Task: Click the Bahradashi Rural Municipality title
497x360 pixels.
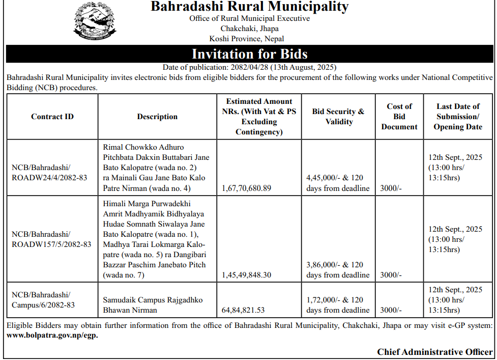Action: tap(249, 7)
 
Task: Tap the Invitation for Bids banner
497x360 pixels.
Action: tap(249, 54)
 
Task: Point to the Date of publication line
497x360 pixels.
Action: tap(249, 67)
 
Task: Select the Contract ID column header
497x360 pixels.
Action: tap(52, 117)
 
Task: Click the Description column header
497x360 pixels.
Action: tap(157, 117)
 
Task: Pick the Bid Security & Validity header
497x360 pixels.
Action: tap(338, 117)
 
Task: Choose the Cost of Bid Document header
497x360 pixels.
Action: tap(399, 117)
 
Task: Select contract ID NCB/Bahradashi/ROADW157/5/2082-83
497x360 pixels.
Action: tap(51, 239)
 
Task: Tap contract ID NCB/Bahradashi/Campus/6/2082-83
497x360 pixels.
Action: tap(43, 299)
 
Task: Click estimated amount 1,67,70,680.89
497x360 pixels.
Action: tap(247, 188)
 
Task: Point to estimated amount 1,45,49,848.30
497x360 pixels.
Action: tap(247, 275)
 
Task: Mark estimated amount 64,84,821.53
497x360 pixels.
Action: tap(243, 310)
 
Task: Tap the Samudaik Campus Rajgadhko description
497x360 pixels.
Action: tap(153, 304)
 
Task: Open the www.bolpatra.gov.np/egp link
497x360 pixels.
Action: tap(52, 335)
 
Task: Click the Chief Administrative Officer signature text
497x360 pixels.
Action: tap(435, 352)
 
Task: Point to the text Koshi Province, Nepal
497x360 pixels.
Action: tap(247, 39)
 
